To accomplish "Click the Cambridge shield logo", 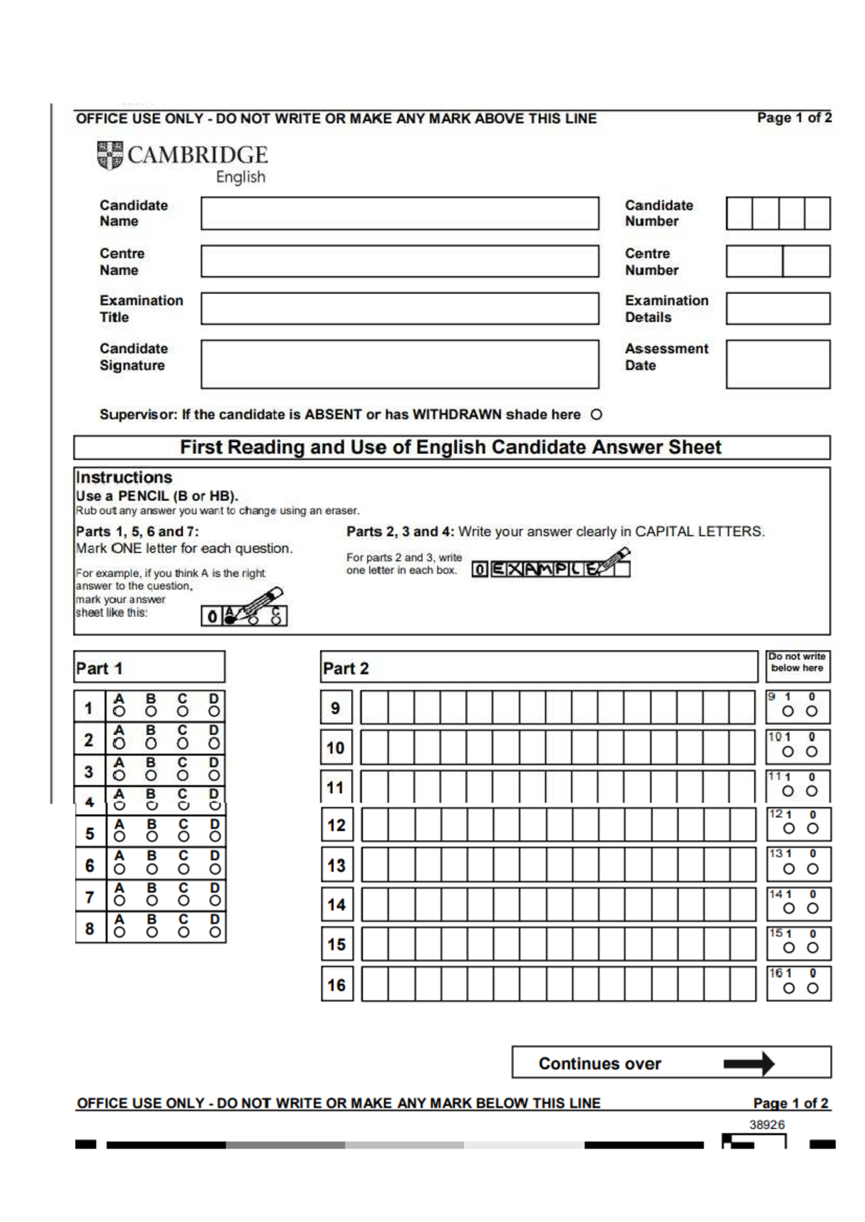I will tap(110, 155).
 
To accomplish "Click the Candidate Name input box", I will tap(399, 213).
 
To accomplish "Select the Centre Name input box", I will tap(399, 262).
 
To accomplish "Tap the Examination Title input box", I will tap(399, 308).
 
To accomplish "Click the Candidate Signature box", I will tap(399, 365).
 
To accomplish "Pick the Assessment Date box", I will tap(777, 365).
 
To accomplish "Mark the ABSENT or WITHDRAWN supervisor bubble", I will tap(596, 415).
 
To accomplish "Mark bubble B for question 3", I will tap(151, 776).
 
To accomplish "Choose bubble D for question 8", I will tap(215, 932).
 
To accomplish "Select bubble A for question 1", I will tap(119, 712).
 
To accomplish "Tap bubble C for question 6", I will tap(183, 870).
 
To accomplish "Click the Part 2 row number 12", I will tap(337, 826).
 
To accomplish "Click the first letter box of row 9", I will tap(374, 708).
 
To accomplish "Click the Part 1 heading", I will tap(99, 669).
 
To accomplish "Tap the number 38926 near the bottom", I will tap(766, 1125).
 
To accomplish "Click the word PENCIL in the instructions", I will tap(142, 496).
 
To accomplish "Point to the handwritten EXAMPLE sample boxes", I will tap(551, 569).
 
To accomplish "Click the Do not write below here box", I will tap(797, 663).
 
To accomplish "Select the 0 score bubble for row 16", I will tap(812, 989).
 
